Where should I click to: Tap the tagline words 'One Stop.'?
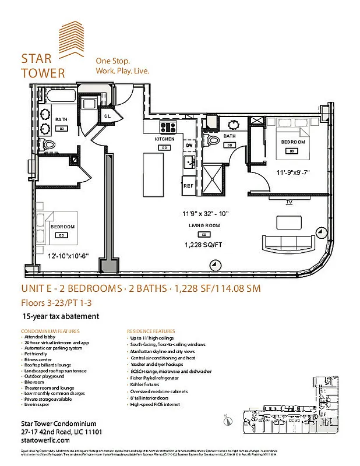point(112,61)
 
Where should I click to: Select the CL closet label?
point(108,116)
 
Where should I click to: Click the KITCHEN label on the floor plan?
point(165,140)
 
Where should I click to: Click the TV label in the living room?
point(288,202)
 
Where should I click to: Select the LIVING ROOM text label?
point(204,225)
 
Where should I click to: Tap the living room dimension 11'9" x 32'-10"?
point(204,214)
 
